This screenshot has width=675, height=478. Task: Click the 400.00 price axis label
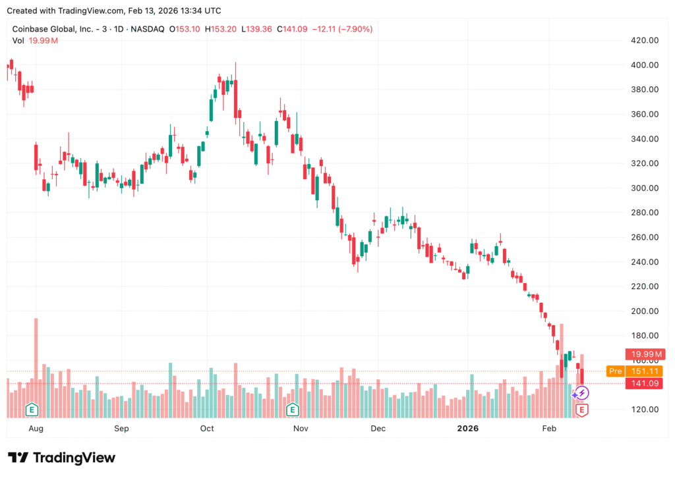click(645, 65)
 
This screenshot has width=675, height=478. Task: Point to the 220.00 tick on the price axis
click(645, 286)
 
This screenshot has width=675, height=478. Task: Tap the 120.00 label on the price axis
click(645, 410)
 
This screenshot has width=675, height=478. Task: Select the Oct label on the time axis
click(207, 428)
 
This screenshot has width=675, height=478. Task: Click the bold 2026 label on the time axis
click(467, 428)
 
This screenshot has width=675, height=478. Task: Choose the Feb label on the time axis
click(549, 428)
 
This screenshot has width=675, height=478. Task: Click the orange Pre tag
click(615, 371)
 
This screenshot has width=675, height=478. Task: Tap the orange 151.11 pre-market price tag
click(645, 371)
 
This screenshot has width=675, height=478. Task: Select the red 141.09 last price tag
click(645, 383)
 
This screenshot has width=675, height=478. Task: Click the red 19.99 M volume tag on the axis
click(645, 354)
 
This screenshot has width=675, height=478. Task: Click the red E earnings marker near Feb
click(581, 410)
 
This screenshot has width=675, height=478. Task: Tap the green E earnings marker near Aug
click(32, 410)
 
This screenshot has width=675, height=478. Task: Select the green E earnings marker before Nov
click(292, 410)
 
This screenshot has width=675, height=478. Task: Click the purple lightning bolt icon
click(581, 393)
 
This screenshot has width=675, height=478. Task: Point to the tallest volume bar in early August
click(36, 368)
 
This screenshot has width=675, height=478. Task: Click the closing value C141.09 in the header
click(292, 29)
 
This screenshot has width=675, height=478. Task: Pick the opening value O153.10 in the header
click(185, 29)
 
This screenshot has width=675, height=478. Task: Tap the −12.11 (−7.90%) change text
click(342, 29)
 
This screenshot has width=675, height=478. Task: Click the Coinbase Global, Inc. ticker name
click(53, 29)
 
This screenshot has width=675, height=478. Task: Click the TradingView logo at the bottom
click(61, 458)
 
